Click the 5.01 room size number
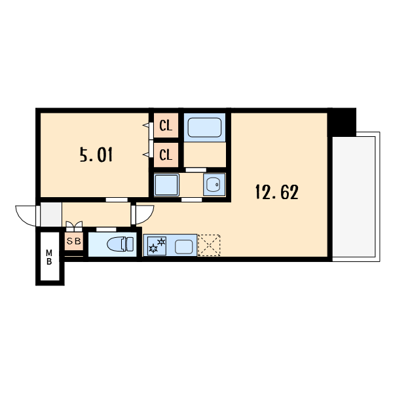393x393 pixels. point(96,155)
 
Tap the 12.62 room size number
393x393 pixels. point(277,192)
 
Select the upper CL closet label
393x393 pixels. point(166,125)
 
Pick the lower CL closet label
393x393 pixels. point(166,155)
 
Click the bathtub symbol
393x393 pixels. point(204,127)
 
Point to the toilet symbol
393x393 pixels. point(121,244)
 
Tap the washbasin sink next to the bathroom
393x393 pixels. point(214,185)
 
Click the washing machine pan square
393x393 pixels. point(166,185)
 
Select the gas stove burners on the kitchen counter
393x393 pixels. point(157,246)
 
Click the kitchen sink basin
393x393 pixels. point(183,247)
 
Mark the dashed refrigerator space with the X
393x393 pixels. point(209,245)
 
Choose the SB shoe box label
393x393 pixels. point(73,241)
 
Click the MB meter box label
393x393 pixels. point(49,257)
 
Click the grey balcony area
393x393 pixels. point(354,196)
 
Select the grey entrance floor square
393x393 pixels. point(51,215)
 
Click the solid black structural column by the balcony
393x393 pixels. point(342,122)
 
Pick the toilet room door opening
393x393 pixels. point(106,229)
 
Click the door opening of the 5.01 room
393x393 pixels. point(117,200)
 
